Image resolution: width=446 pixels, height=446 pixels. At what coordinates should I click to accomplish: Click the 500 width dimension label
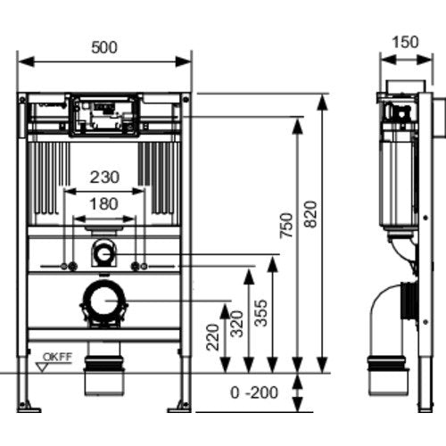[104, 47]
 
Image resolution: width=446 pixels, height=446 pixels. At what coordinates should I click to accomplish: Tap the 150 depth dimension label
[405, 42]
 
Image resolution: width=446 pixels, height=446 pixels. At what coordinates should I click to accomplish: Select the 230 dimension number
[104, 178]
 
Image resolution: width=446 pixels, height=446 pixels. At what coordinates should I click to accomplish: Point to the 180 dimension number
[103, 204]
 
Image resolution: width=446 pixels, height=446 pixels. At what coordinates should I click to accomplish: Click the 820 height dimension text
[311, 214]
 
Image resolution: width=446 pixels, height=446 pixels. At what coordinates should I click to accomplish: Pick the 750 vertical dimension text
[286, 226]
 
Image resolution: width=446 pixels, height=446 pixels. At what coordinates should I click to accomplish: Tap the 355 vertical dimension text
[261, 313]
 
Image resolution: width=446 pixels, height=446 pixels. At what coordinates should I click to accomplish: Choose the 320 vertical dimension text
[237, 324]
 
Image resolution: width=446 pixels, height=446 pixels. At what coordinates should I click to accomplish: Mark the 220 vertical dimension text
[212, 337]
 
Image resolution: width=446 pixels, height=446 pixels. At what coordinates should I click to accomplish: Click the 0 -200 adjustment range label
[254, 392]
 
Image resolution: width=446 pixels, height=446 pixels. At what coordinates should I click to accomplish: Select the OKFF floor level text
[58, 357]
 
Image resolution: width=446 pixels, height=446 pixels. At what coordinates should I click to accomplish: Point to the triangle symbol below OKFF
[42, 367]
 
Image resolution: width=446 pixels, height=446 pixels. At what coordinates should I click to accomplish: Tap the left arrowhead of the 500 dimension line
[26, 62]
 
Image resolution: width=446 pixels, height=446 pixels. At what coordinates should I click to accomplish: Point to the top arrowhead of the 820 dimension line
[321, 103]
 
